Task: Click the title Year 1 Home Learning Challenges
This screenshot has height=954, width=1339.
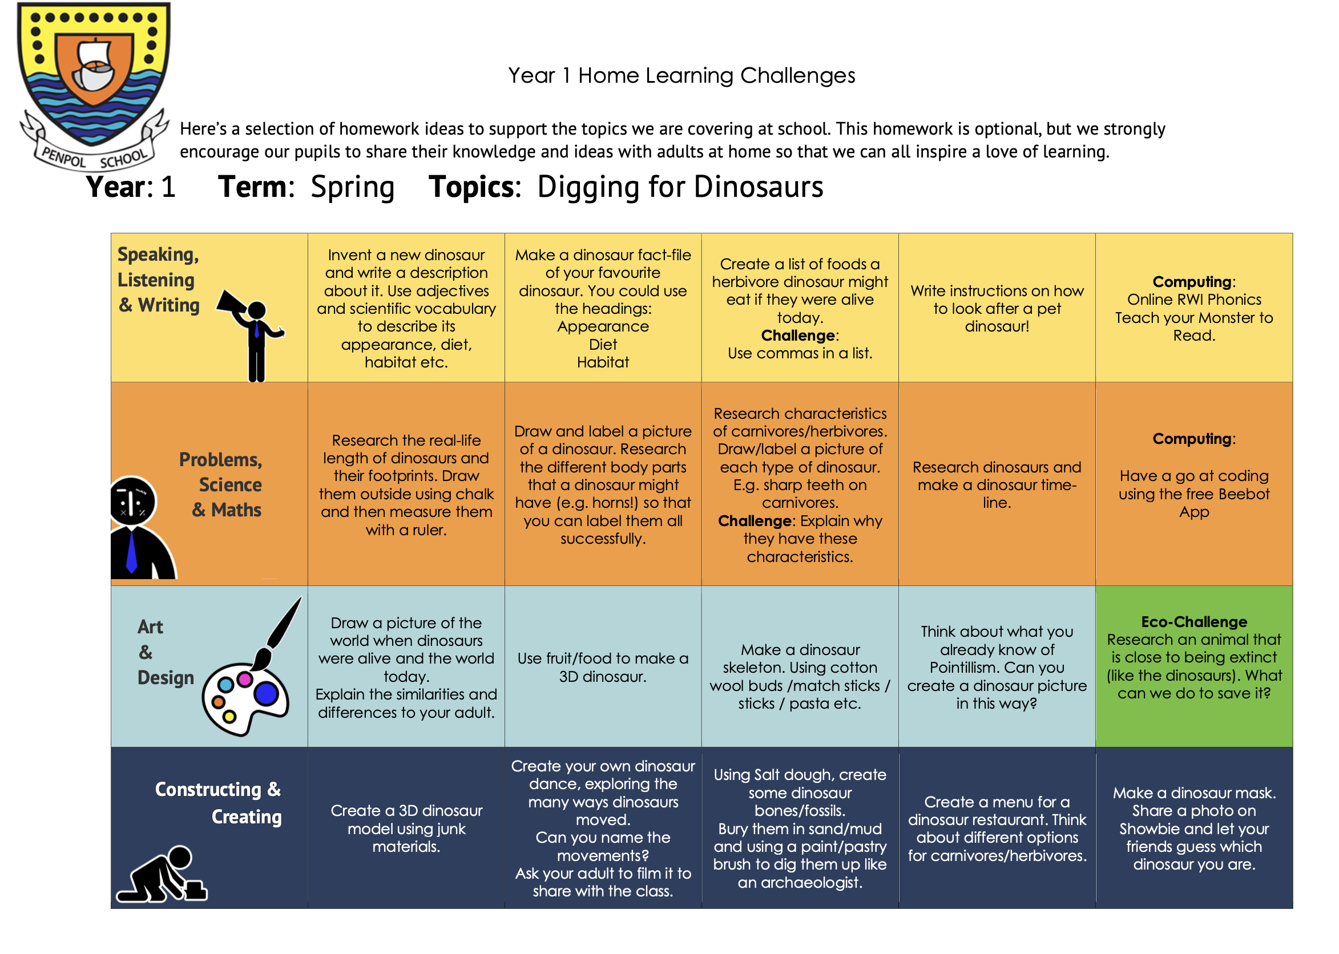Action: pos(681,76)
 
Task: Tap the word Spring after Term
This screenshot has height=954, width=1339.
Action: pos(352,187)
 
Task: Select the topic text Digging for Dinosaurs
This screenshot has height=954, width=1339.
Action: pos(680,187)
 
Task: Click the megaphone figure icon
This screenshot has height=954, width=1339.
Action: pos(252,332)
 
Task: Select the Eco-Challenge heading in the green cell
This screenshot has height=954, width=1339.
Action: pos(1193,621)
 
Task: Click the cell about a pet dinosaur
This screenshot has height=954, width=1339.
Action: pos(997,309)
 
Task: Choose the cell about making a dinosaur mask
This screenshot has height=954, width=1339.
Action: pos(1193,828)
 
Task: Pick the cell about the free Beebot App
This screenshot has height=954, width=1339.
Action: pos(1193,484)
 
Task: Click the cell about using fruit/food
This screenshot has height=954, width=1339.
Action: pos(602,668)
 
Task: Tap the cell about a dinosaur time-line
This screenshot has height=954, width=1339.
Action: pos(997,484)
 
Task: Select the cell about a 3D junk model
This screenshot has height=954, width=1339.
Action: pos(406,828)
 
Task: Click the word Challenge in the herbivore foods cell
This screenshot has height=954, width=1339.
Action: pos(798,335)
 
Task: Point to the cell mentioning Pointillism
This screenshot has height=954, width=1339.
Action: pos(997,668)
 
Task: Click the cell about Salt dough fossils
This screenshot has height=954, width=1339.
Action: pos(799,828)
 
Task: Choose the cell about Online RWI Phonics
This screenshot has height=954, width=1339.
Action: pos(1193,309)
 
